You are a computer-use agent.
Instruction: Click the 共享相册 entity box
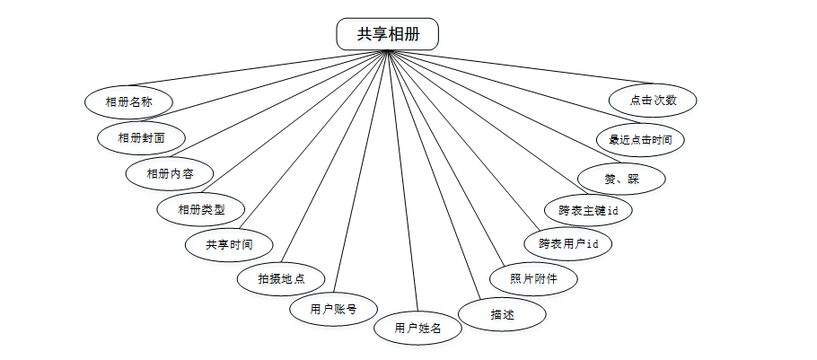tap(388, 34)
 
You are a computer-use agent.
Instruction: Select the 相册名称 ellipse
tap(128, 101)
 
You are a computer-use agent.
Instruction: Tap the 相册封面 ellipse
tap(142, 137)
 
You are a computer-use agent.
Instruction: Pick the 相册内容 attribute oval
tap(170, 172)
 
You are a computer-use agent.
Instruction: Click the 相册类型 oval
tap(200, 209)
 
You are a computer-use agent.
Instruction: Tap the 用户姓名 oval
tap(417, 329)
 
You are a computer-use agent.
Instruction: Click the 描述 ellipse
tap(502, 313)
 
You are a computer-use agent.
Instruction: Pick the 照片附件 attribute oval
tap(533, 278)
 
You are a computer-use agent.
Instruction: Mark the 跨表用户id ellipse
tap(568, 243)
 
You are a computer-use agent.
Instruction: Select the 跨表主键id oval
tap(588, 211)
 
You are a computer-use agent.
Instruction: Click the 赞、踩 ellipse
tap(621, 178)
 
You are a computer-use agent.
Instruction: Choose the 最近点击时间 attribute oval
tap(640, 140)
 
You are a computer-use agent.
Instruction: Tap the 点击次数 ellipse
tap(653, 101)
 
